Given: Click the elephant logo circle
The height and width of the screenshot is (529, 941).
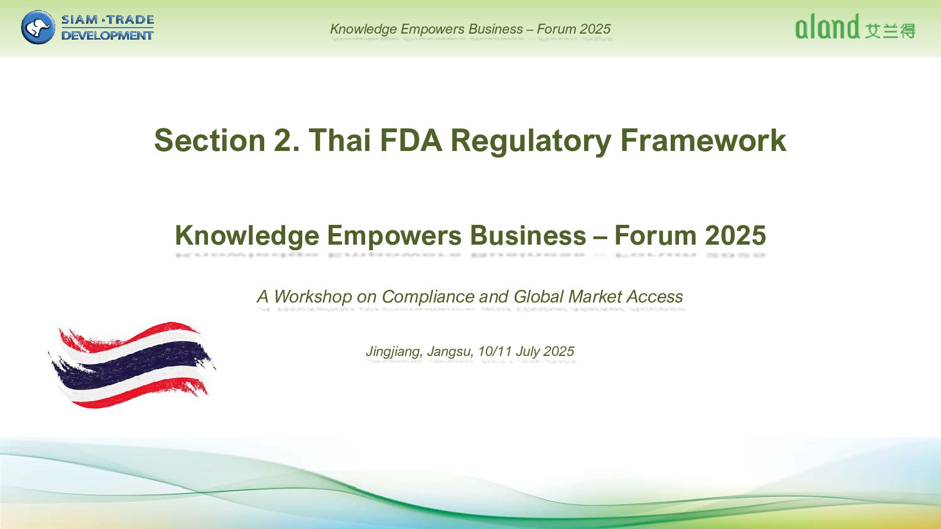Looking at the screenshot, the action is click(x=38, y=28).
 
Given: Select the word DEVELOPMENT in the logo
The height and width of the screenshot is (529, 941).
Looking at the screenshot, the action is click(x=108, y=35).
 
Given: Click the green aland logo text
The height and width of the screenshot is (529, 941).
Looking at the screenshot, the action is click(x=827, y=27).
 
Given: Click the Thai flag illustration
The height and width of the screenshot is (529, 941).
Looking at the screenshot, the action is click(x=131, y=365).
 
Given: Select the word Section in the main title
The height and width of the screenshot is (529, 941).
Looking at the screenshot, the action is click(x=210, y=140).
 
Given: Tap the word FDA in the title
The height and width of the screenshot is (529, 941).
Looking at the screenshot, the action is click(x=411, y=140).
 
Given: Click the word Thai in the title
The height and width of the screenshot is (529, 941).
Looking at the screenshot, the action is click(x=340, y=140).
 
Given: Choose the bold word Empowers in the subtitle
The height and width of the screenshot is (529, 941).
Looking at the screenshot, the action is click(x=394, y=236).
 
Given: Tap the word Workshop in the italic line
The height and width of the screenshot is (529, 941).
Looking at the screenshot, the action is click(x=313, y=297).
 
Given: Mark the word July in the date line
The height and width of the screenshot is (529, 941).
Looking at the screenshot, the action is click(x=527, y=352).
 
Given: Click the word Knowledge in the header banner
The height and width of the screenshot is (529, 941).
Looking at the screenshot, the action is click(x=363, y=29).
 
